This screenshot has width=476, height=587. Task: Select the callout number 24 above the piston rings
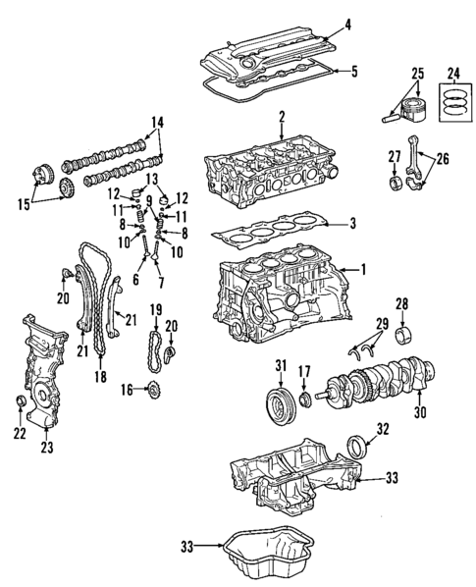(x=452, y=72)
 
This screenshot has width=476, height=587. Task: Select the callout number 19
(x=155, y=311)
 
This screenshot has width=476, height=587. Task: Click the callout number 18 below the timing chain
(x=98, y=376)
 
